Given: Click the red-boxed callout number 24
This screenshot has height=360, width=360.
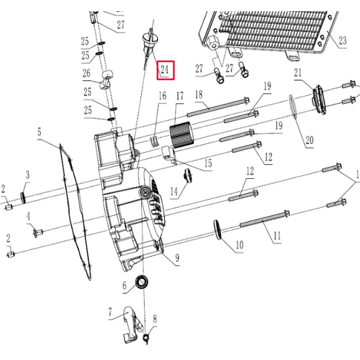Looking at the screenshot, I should point(165,71).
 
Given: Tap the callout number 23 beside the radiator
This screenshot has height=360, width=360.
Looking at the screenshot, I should point(342,41).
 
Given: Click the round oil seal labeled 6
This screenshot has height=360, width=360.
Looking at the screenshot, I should point(141,283).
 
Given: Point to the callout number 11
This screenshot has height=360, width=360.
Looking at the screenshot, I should point(276,238).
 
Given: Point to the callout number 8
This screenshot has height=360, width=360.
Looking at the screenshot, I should point(155,320).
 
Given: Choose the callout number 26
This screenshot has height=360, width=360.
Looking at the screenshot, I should point(86,73).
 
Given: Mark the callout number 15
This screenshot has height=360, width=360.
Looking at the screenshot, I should point(209,163).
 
